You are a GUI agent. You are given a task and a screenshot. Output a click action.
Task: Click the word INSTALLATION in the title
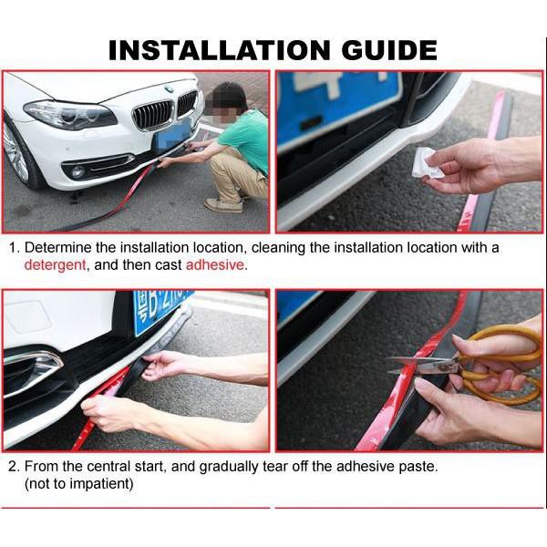pyautogui.click(x=219, y=50)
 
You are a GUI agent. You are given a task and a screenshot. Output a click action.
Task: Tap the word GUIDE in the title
pyautogui.click(x=389, y=50)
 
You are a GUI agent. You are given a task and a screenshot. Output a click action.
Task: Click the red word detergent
pyautogui.click(x=55, y=264)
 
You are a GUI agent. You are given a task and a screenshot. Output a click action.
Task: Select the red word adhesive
pyautogui.click(x=214, y=264)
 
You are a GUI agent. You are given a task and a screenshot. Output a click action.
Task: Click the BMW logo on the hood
pyautogui.click(x=170, y=89)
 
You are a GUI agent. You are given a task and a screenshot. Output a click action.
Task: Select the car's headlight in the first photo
pyautogui.click(x=70, y=115)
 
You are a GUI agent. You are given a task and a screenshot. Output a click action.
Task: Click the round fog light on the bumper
pyautogui.click(x=77, y=171)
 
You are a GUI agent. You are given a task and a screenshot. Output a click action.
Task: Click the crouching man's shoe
pyautogui.click(x=223, y=205)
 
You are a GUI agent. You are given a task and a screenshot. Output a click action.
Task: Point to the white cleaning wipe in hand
pyautogui.click(x=428, y=163)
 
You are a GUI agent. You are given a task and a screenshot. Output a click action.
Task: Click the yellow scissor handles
pyautogui.click(x=499, y=363)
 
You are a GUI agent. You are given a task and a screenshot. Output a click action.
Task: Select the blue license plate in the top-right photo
pyautogui.click(x=338, y=105)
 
